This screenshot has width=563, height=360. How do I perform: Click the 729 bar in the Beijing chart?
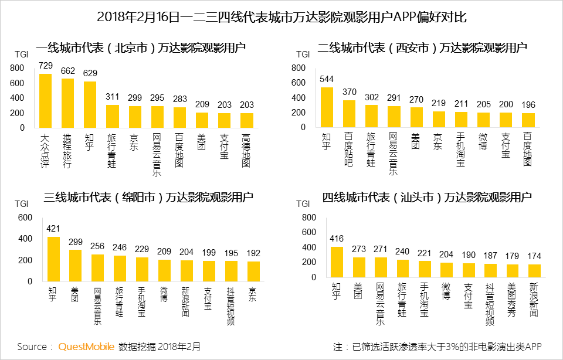(45, 101)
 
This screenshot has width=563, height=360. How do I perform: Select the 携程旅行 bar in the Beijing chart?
(67, 103)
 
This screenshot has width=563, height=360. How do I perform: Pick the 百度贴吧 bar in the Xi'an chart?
(349, 114)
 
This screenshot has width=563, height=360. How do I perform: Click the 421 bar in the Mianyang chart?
(53, 259)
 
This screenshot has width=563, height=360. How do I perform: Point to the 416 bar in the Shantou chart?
(336, 261)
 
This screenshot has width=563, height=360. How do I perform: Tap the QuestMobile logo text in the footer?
(86, 347)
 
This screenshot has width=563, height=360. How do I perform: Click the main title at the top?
(281, 17)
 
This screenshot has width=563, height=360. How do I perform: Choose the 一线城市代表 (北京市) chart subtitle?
(140, 48)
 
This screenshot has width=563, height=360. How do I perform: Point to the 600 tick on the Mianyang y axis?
(25, 218)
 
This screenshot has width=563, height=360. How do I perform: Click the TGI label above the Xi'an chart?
(303, 55)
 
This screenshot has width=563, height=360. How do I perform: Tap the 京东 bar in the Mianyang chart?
(254, 271)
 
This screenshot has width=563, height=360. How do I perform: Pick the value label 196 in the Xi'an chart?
(528, 104)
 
